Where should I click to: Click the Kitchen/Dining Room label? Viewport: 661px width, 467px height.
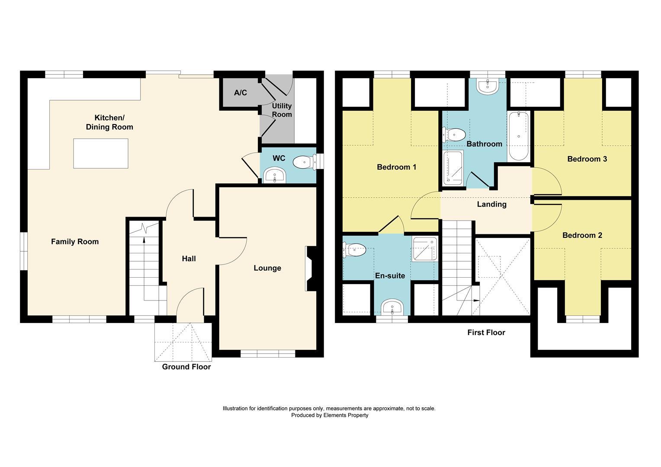pos(109,122)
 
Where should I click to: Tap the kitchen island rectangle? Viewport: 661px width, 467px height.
pos(101,154)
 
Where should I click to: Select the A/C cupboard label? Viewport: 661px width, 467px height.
pos(241,93)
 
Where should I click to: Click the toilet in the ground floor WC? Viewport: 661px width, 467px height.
pos(305,163)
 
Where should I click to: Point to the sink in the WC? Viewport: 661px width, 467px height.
pos(274,176)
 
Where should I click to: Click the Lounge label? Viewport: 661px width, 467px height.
pos(267,268)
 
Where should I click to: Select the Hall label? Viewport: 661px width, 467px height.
pos(189,259)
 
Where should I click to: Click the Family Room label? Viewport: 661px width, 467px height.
pos(75,242)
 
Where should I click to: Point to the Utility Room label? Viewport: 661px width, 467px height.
pos(282,110)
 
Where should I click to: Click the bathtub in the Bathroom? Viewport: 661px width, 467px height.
pos(519,136)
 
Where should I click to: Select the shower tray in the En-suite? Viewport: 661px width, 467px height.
pos(425,249)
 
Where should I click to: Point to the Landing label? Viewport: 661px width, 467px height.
pos(491,204)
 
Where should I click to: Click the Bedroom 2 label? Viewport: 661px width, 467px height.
pos(582,235)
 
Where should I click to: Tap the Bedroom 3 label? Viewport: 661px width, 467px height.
pos(587,159)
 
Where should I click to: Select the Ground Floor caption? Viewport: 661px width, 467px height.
pos(186,367)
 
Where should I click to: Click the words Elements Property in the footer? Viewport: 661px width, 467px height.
pos(347,415)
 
